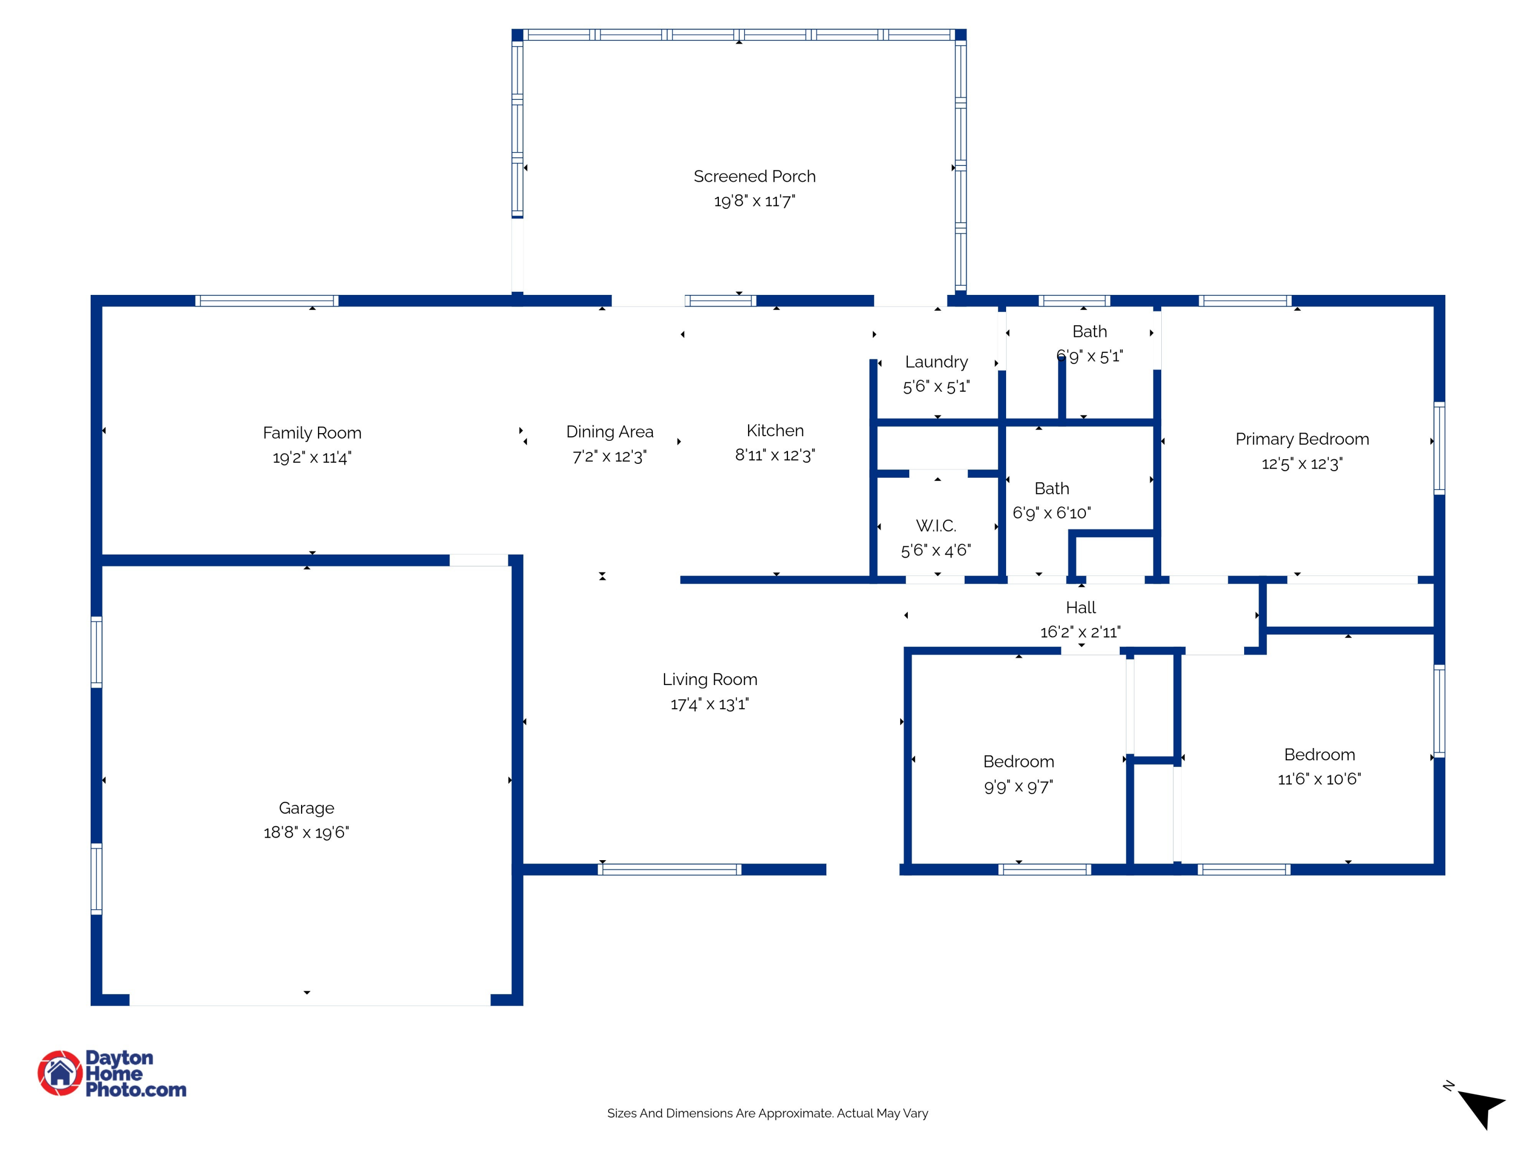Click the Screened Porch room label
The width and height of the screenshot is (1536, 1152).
pyautogui.click(x=754, y=176)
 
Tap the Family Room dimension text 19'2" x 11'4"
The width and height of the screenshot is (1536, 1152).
pyautogui.click(x=312, y=458)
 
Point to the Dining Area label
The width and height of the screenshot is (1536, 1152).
pyautogui.click(x=610, y=432)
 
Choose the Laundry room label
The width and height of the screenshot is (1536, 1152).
pyautogui.click(x=936, y=362)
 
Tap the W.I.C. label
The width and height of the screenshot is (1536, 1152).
pyautogui.click(x=936, y=526)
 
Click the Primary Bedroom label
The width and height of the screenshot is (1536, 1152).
pyautogui.click(x=1302, y=439)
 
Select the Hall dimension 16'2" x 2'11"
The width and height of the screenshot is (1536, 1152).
pyautogui.click(x=1080, y=632)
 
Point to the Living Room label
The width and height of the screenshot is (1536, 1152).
pyautogui.click(x=710, y=679)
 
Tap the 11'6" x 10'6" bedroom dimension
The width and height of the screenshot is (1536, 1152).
pyautogui.click(x=1319, y=779)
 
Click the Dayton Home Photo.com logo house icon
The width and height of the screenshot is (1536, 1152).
pyautogui.click(x=60, y=1073)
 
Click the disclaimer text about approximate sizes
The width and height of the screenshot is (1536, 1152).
pyautogui.click(x=767, y=1113)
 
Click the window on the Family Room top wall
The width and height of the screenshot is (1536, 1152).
pyautogui.click(x=267, y=301)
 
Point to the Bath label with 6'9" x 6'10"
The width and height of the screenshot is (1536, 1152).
pyautogui.click(x=1051, y=489)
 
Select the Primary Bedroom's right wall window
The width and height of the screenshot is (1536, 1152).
pyautogui.click(x=1439, y=448)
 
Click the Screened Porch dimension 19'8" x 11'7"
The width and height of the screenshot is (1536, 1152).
pyautogui.click(x=754, y=201)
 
